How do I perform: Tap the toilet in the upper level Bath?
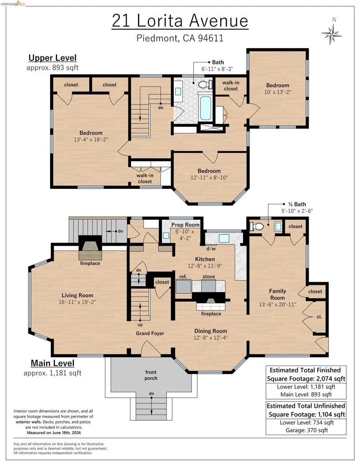[x=205, y=85]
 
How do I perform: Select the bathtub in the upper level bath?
[x=205, y=107]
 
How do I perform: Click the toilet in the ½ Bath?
[x=257, y=227]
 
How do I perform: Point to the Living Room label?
[x=77, y=295]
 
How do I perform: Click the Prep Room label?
[x=185, y=225]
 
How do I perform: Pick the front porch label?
[x=151, y=375]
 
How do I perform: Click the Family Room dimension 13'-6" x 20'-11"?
[x=277, y=304]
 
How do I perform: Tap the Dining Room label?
[x=211, y=331]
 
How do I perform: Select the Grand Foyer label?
[x=150, y=333]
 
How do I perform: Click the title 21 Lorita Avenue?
[x=180, y=20]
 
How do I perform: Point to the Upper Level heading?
[x=52, y=58]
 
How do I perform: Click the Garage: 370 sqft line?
[x=306, y=430]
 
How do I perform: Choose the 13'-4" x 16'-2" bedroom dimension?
[x=91, y=139]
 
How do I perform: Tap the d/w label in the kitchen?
[x=211, y=248]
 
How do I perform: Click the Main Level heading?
[x=53, y=363]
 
